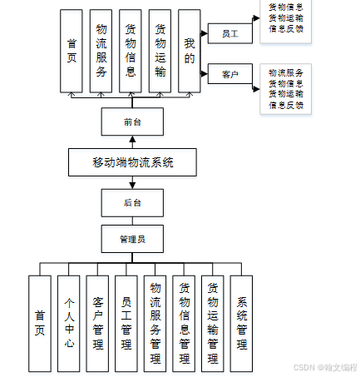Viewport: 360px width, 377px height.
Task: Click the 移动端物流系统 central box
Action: [x=133, y=162]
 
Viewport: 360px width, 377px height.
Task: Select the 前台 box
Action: [x=133, y=122]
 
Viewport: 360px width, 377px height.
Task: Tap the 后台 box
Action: [x=133, y=202]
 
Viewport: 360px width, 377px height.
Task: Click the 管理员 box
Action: [x=133, y=239]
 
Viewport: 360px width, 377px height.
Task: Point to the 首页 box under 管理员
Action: [x=39, y=323]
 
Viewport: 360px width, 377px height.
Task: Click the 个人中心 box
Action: [x=69, y=323]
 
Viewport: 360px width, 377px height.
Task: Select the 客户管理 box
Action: [x=98, y=323]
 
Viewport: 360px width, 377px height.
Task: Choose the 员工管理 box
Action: [x=126, y=323]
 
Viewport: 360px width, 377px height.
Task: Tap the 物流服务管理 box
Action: [x=155, y=323]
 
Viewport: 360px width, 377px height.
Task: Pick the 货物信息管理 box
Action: [x=185, y=323]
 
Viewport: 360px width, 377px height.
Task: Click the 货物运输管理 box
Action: [x=213, y=323]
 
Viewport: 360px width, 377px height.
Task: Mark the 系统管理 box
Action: [x=241, y=323]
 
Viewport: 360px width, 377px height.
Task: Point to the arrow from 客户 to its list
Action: [x=256, y=75]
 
